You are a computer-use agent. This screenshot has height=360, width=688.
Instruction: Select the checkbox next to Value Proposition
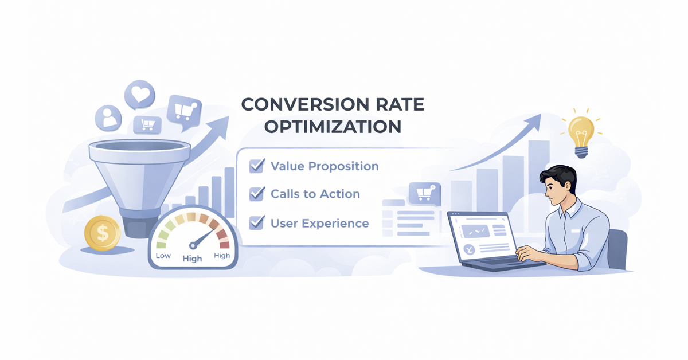coord(256,166)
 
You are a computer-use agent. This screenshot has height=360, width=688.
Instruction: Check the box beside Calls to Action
coord(256,194)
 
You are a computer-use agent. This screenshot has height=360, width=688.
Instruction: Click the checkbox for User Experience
coord(256,222)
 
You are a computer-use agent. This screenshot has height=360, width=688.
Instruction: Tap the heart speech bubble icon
coord(140,94)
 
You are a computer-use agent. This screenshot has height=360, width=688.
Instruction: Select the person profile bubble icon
coord(108,118)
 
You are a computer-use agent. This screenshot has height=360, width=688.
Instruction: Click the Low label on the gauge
coord(163,256)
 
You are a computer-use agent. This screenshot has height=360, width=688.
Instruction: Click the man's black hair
coord(560,174)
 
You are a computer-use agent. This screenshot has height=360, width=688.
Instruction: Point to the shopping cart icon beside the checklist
coord(424,194)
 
